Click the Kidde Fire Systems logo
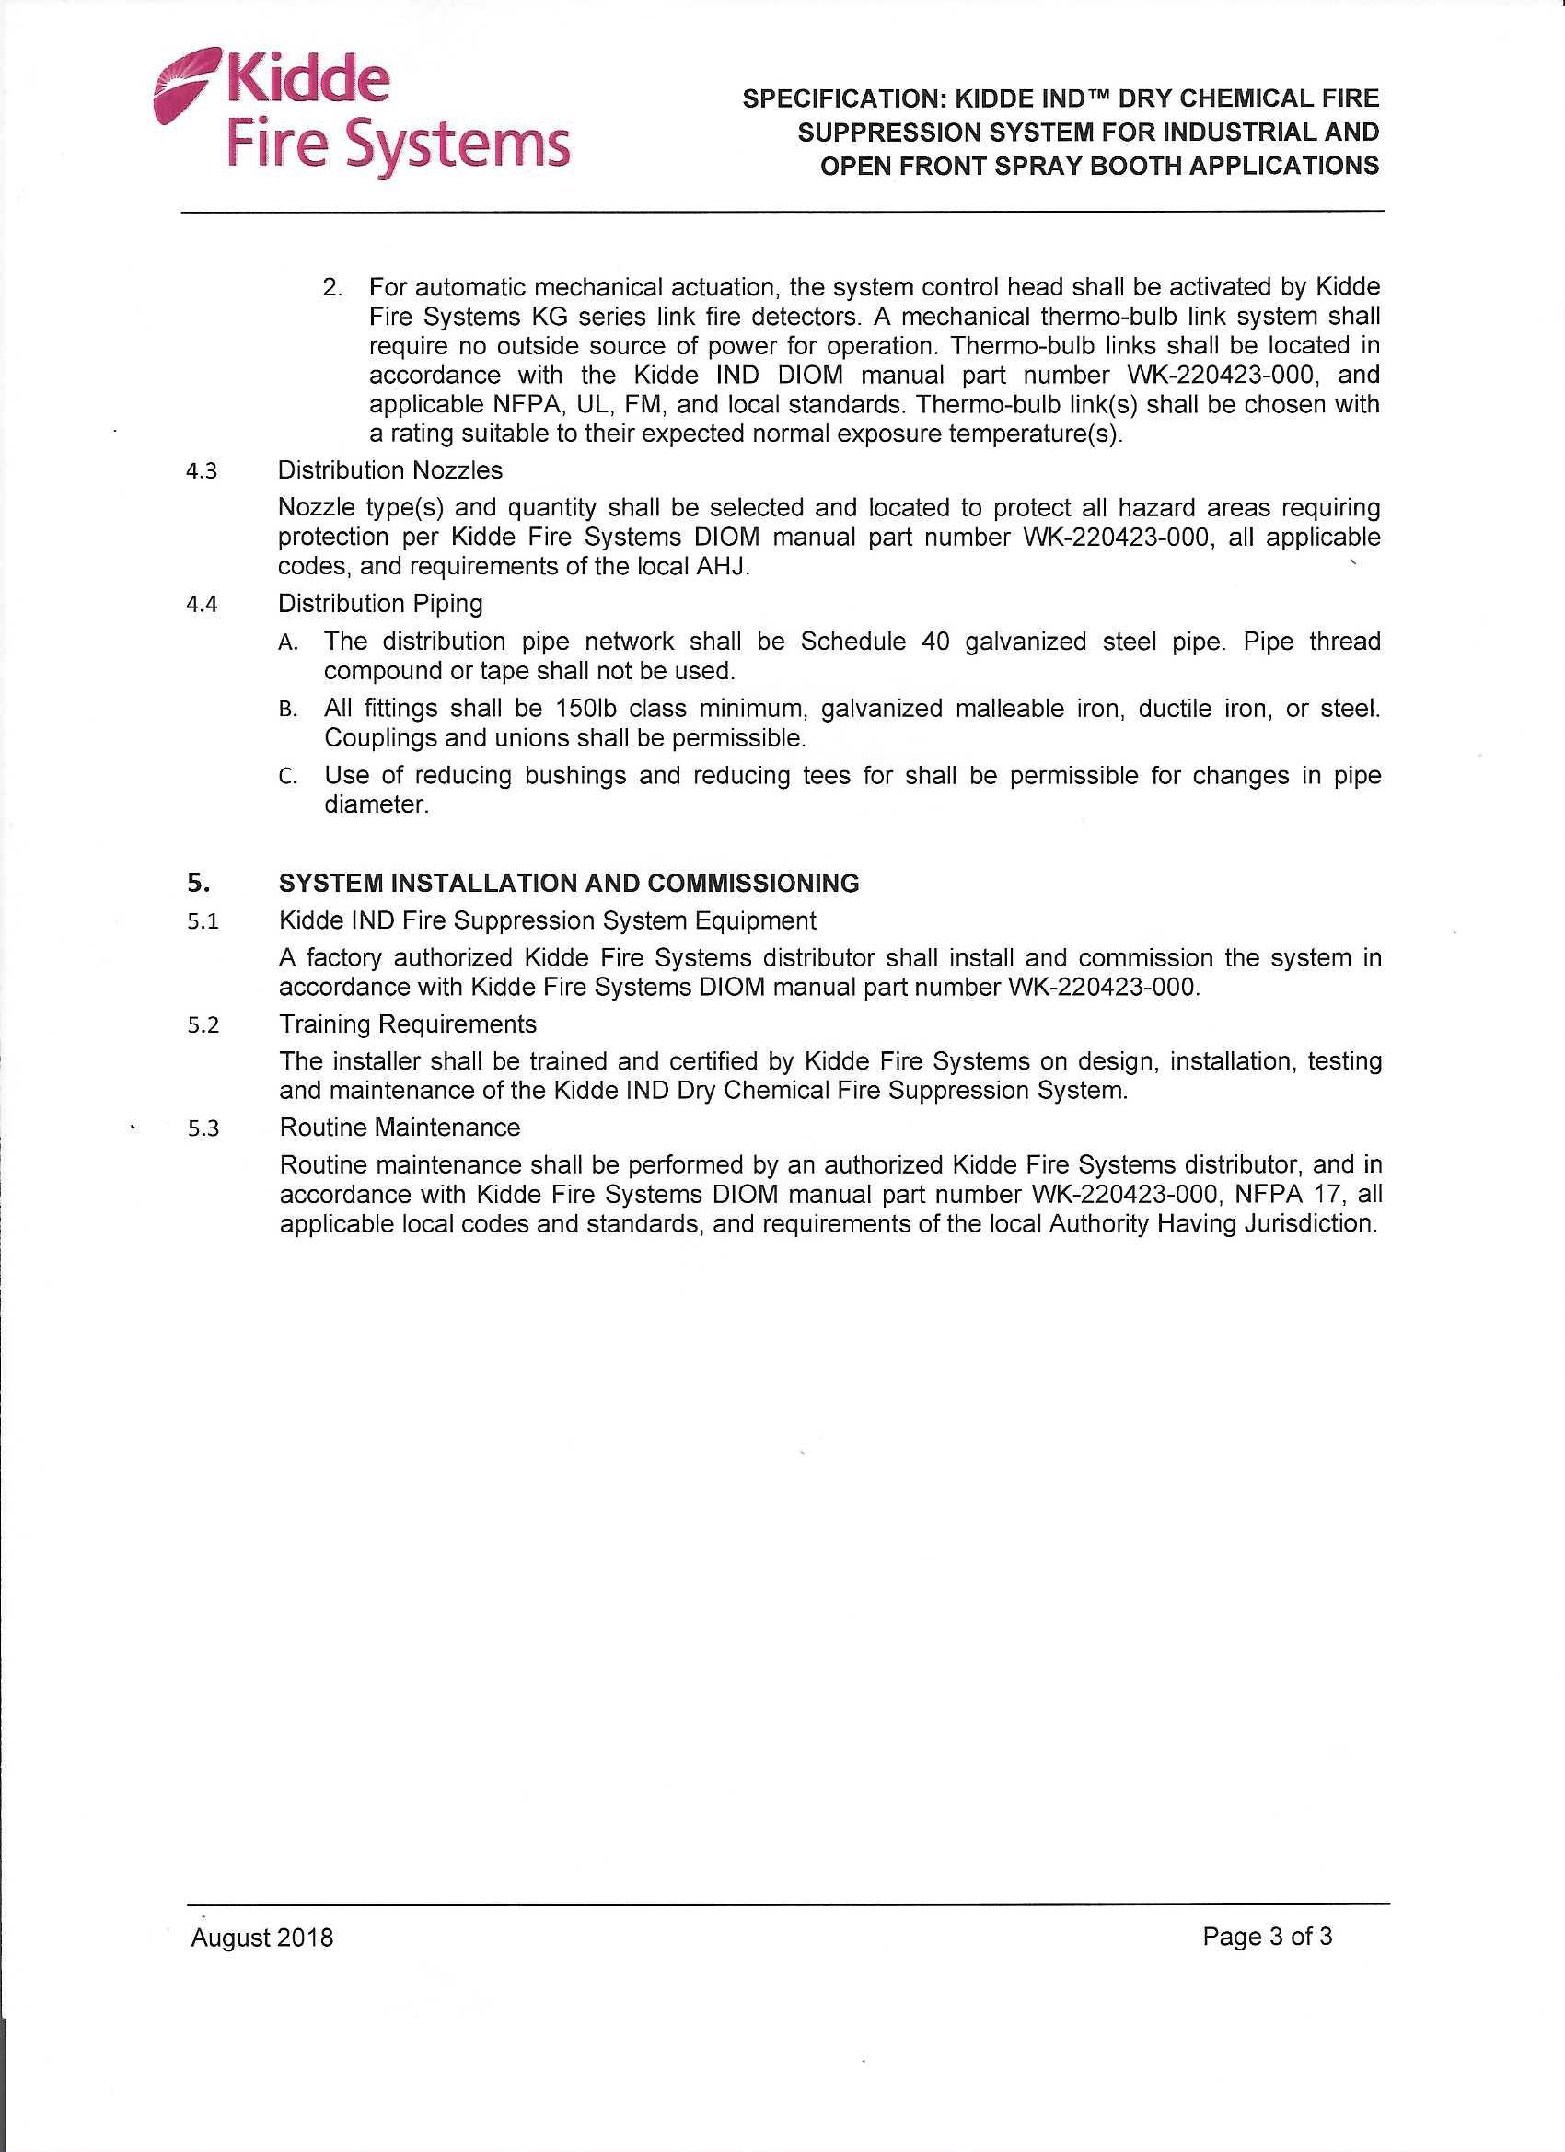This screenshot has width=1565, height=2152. click(363, 117)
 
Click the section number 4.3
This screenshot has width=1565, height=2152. click(203, 471)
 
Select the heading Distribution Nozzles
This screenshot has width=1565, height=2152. click(390, 470)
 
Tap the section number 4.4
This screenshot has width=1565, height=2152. click(203, 605)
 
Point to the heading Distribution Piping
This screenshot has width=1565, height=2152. click(379, 604)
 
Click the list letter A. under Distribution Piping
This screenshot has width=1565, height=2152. click(288, 642)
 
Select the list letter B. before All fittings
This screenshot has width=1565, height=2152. click(288, 710)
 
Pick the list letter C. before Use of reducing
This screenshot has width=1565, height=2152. click(288, 777)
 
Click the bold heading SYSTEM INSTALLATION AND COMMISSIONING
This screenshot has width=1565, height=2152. click(569, 884)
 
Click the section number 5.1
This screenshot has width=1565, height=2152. click(203, 922)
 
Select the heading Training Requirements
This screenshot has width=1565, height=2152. click(407, 1024)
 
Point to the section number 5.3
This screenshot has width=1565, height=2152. click(203, 1129)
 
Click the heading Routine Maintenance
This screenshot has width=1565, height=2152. click(400, 1128)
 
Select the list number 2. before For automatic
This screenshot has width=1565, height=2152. click(332, 287)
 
